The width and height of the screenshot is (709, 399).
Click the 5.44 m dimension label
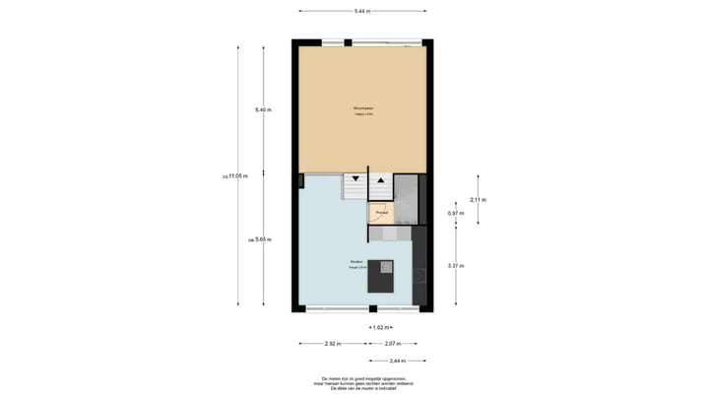[x=363, y=10]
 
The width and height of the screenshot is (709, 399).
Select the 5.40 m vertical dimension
[x=261, y=109]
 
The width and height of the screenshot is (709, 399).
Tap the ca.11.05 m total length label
[x=235, y=176]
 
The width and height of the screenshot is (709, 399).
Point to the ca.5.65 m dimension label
[x=260, y=239]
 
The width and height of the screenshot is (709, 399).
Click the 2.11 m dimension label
[x=479, y=199]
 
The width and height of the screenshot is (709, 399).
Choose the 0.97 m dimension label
[x=456, y=213]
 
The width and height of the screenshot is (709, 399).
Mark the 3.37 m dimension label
[x=456, y=266]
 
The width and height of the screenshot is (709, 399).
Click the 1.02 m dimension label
[x=380, y=327]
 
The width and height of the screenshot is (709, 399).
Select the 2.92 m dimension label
[x=333, y=344]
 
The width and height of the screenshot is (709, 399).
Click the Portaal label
[x=381, y=211]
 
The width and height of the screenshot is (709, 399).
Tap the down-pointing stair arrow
[x=354, y=179]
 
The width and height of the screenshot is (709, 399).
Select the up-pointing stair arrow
[x=380, y=179]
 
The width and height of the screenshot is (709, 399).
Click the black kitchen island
[x=380, y=276]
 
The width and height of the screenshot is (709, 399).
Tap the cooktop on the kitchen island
[x=387, y=265]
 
